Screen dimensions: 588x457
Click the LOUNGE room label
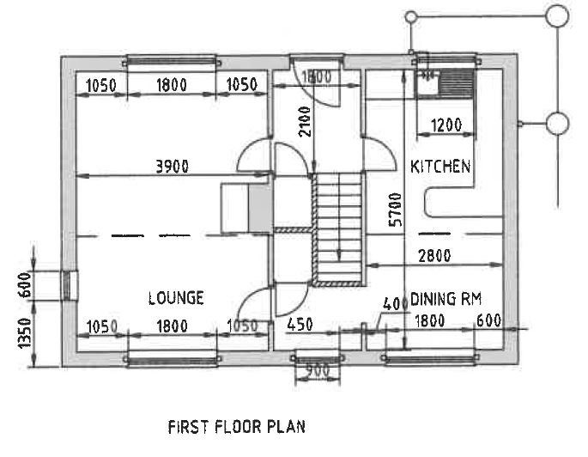pos(176,298)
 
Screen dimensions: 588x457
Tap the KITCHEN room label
pos(440,166)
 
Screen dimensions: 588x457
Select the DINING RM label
pos(446,299)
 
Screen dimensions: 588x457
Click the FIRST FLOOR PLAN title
pos(237,427)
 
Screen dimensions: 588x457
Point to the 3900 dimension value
pos(173,166)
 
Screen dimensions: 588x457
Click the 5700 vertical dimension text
pos(395,210)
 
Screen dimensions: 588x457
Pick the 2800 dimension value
pos(434,256)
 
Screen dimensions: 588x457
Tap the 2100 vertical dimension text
pos(305,121)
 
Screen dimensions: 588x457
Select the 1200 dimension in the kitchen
pos(446,125)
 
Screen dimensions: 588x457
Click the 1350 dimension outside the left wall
pos(25,332)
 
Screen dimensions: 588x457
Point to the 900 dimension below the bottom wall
pos(318,371)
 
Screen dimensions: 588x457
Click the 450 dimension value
pos(300,325)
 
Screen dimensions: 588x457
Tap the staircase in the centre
pos(336,229)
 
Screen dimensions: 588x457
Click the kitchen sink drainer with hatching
pos(457,83)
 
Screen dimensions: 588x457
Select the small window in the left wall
pos(68,285)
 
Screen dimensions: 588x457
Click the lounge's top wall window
pos(172,61)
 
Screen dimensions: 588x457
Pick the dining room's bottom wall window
pos(430,357)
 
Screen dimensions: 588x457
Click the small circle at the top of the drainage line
pos(411,17)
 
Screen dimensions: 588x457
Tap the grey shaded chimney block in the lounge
pos(260,209)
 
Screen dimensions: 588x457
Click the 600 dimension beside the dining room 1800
pos(489,320)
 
